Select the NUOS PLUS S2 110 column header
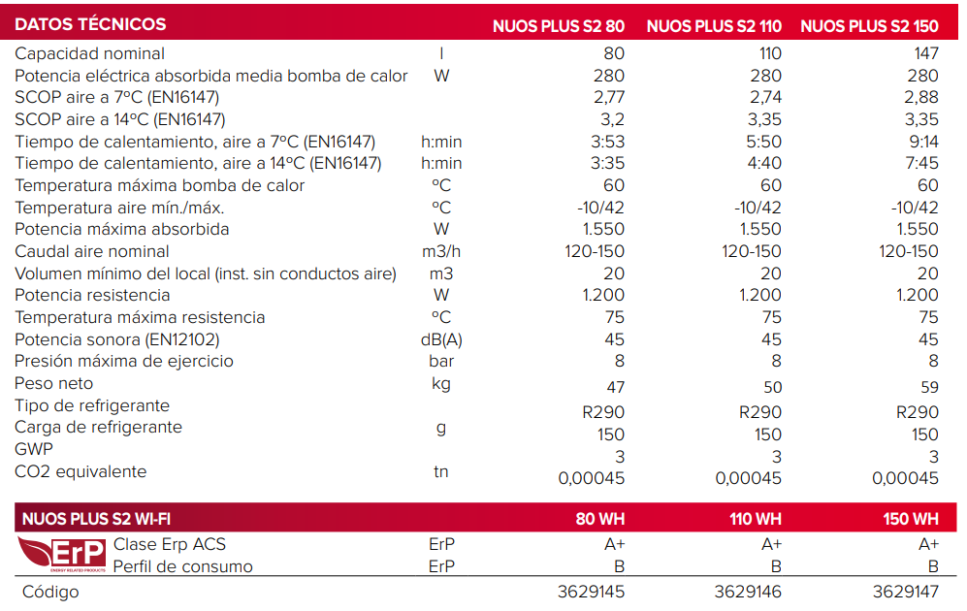pos(714,26)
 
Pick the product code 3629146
pos(748,592)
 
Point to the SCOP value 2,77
pos(609,97)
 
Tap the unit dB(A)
pos(441,339)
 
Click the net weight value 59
pos(928,387)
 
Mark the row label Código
pos(50,592)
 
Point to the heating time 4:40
pos(764,163)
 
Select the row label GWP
pos(34,449)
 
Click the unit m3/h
pos(441,251)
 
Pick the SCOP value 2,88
pos(921,97)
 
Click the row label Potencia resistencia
pos(92,295)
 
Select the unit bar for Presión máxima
pos(441,361)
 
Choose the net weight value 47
pos(615,387)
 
